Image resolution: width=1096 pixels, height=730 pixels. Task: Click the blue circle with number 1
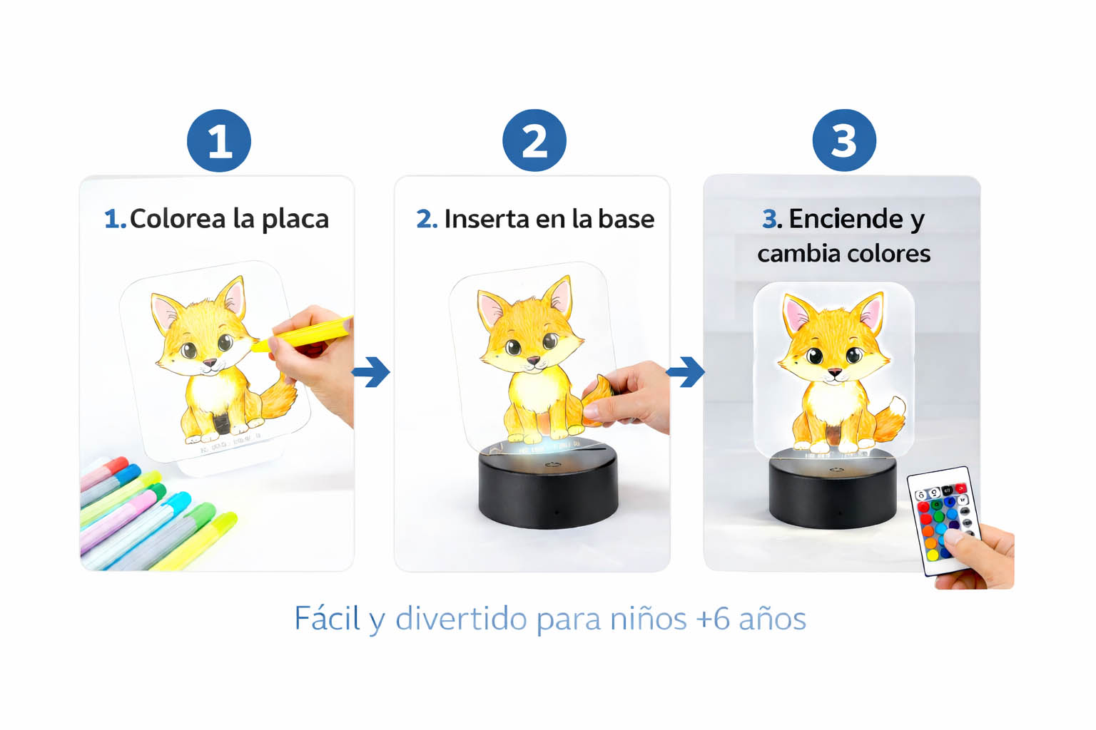pyautogui.click(x=219, y=140)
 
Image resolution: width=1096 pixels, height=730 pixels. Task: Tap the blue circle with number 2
pyautogui.click(x=534, y=140)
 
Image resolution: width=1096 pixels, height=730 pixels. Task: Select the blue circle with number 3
pyautogui.click(x=844, y=140)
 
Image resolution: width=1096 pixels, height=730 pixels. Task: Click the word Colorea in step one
pyautogui.click(x=177, y=219)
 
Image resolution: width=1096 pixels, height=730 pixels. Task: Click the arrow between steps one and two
pyautogui.click(x=371, y=371)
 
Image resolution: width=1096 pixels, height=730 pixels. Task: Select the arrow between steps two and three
pyautogui.click(x=686, y=371)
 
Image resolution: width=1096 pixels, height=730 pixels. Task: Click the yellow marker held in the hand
pyautogui.click(x=307, y=333)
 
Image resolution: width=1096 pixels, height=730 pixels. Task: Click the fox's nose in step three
pyautogui.click(x=834, y=372)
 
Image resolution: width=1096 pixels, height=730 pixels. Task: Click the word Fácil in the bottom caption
pyautogui.click(x=327, y=619)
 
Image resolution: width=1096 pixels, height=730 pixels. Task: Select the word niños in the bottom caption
pyautogui.click(x=648, y=619)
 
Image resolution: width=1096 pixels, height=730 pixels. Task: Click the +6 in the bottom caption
pyautogui.click(x=712, y=619)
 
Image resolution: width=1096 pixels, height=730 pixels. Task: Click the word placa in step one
pyautogui.click(x=295, y=219)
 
